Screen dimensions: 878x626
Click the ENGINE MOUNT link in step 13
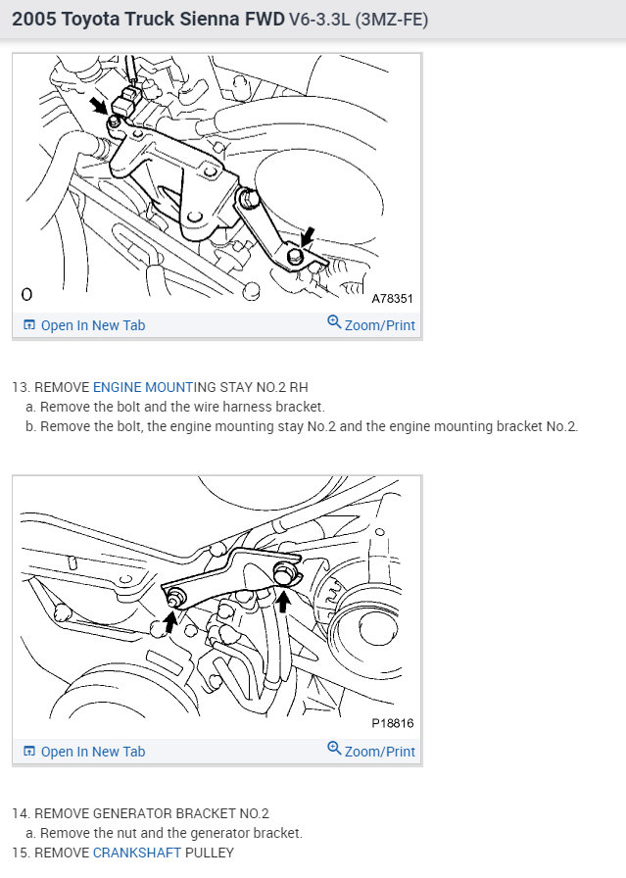pos(143,386)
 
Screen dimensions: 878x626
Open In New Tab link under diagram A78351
pos(92,325)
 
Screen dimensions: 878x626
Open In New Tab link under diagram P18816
pos(92,752)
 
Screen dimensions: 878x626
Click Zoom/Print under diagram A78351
pos(379,325)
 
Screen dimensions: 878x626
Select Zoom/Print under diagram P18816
pos(379,752)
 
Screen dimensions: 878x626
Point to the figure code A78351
pos(393,297)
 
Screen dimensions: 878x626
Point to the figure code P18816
pos(393,723)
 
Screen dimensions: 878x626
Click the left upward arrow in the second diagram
pos(170,620)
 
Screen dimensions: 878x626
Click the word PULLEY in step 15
pos(211,853)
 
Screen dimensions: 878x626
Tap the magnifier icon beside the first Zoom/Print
pos(334,322)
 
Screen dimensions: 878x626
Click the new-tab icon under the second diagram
pos(28,752)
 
